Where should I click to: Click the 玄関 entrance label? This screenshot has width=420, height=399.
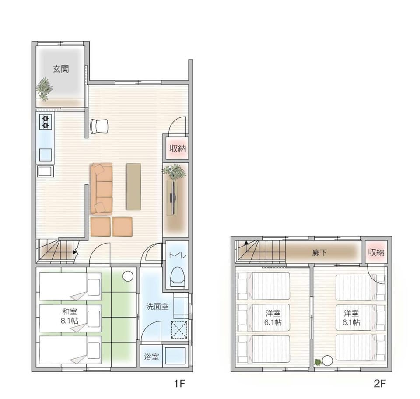click(61, 69)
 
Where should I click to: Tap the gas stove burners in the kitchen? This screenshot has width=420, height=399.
click(45, 122)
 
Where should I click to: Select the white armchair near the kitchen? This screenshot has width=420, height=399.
click(99, 126)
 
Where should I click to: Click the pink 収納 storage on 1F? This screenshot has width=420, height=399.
click(177, 148)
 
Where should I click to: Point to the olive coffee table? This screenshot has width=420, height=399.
click(134, 187)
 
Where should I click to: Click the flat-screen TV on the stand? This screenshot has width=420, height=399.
click(173, 197)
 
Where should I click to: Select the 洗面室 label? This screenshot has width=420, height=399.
click(157, 307)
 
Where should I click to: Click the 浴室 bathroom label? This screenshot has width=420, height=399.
click(151, 357)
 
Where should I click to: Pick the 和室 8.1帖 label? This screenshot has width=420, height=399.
click(70, 316)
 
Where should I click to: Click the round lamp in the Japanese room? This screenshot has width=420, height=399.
click(128, 276)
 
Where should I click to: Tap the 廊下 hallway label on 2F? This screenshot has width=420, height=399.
click(319, 252)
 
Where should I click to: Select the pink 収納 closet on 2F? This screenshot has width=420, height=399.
click(376, 252)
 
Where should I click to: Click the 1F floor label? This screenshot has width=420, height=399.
click(180, 384)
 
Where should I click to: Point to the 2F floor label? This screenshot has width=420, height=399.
click(380, 384)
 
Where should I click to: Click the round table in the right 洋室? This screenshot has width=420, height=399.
click(327, 360)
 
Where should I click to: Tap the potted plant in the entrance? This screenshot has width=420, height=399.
click(44, 89)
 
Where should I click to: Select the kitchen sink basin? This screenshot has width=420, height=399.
click(45, 155)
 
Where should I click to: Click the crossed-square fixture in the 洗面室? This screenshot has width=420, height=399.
click(179, 329)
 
